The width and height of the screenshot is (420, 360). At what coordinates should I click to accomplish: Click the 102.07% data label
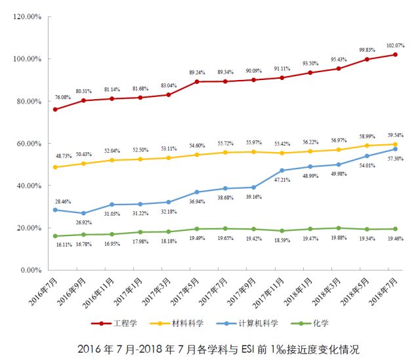[x=395, y=45]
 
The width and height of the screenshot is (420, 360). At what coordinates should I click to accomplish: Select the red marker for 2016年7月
[x=54, y=109]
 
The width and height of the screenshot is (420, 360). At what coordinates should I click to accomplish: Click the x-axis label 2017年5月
[x=186, y=292]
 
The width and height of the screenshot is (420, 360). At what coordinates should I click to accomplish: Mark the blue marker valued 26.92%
[x=83, y=213]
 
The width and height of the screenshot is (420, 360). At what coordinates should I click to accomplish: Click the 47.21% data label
[x=282, y=179]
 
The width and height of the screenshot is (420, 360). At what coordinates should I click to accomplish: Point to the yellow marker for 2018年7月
[x=395, y=144]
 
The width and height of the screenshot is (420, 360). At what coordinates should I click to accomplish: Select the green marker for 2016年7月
[x=54, y=236]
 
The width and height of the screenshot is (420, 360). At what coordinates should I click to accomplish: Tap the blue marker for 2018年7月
[x=395, y=149]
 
